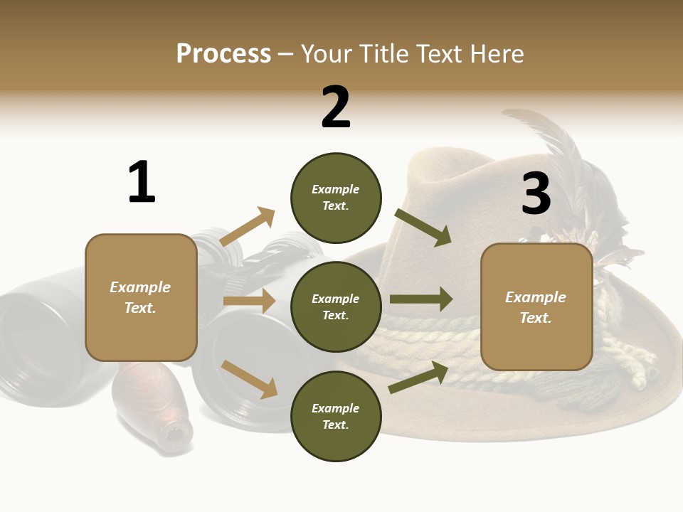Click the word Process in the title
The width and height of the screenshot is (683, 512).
[x=223, y=54]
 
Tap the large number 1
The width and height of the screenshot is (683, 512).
[x=141, y=183]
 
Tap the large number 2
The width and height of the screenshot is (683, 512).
[x=336, y=108]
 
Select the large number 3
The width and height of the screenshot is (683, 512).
[x=536, y=194]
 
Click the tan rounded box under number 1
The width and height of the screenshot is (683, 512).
[x=141, y=297]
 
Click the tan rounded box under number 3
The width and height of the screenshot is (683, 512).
[x=536, y=307]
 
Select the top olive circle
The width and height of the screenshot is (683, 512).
[x=336, y=198]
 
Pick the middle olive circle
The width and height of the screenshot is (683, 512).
[x=336, y=306]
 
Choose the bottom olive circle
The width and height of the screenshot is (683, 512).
[x=336, y=416]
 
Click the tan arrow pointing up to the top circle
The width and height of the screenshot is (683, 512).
[x=248, y=227]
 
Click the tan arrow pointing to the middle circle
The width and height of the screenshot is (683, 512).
[x=249, y=301]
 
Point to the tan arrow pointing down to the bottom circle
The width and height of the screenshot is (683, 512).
[x=249, y=378]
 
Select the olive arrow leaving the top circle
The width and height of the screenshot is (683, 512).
[x=423, y=228]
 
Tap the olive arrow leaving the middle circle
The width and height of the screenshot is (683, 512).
[x=421, y=299]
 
